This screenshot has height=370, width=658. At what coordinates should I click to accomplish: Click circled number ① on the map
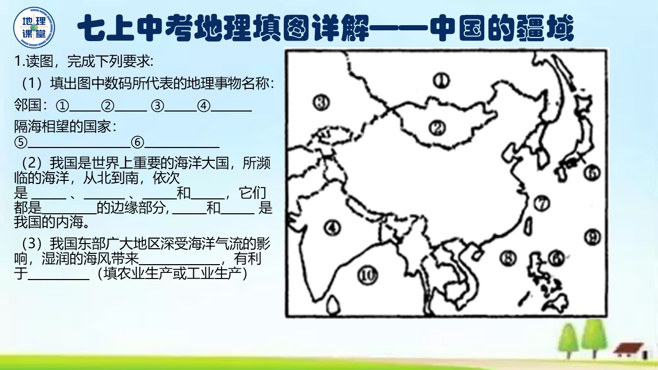tap(441, 80)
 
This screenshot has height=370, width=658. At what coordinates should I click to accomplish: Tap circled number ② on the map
tap(437, 127)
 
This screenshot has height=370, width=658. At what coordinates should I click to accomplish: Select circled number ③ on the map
tap(321, 103)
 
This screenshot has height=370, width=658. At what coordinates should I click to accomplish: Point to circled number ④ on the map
tap(332, 227)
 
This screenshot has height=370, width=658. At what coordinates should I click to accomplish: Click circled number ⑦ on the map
tap(541, 203)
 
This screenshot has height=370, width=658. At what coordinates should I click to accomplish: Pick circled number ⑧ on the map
tap(508, 258)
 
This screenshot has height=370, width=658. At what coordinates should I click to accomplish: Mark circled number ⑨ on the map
tap(592, 237)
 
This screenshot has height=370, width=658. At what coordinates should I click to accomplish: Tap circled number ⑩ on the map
tap(367, 276)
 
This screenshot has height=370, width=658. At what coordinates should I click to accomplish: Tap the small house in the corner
tap(629, 350)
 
